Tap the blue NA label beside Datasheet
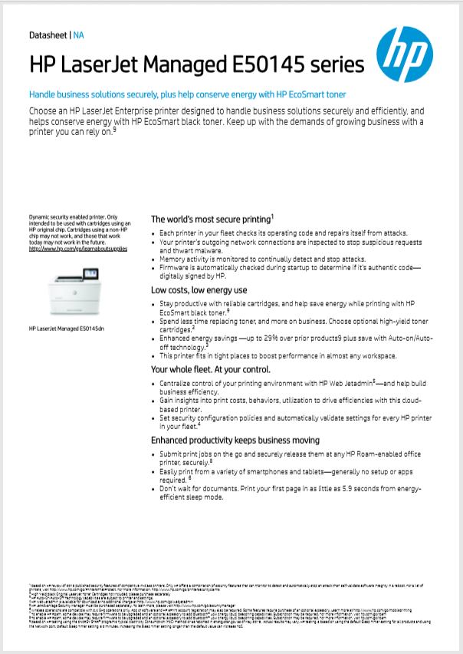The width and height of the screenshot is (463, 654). tap(79, 35)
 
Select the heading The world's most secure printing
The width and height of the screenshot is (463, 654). tap(211, 219)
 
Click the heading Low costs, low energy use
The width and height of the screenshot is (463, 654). tap(199, 290)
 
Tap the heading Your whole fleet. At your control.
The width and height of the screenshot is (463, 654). tap(211, 369)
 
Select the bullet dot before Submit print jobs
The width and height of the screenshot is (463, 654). tap(154, 455)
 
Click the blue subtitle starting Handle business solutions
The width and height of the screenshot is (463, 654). tap(188, 94)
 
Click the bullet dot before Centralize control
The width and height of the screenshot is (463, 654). tap(154, 382)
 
